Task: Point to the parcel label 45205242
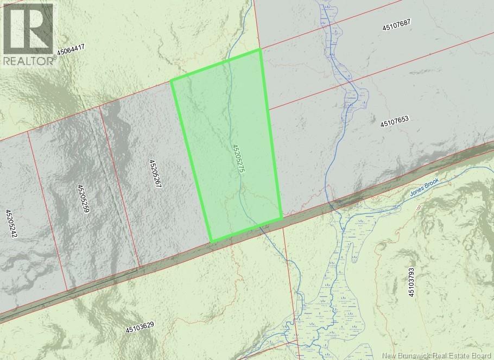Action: (11, 224)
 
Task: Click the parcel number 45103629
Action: (140, 328)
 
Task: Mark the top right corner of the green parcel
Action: (261, 50)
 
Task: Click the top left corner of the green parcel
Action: (172, 81)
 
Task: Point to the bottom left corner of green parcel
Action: (211, 241)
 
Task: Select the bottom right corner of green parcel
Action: (282, 218)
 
